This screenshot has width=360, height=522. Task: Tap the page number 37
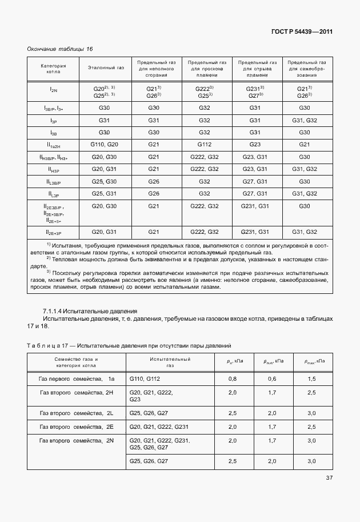tap(329, 477)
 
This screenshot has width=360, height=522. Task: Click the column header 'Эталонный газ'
tap(106, 67)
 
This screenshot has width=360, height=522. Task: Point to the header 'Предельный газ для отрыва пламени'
tap(257, 67)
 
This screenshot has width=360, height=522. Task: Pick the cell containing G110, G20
tap(105, 145)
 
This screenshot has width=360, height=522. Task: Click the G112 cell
tap(205, 145)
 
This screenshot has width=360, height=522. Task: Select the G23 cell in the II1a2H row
tap(255, 145)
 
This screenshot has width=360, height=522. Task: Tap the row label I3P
tap(53, 121)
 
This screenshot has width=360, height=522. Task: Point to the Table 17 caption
tap(129, 346)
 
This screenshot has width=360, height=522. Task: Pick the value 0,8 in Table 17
tap(233, 379)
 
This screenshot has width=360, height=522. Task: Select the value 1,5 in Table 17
tap(311, 379)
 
